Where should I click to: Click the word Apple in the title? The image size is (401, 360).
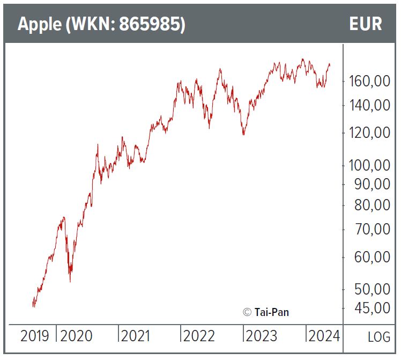tap(39, 25)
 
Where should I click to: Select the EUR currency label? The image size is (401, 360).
tap(365, 25)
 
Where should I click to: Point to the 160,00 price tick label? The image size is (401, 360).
tap(369, 82)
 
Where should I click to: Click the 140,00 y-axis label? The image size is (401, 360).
tap(369, 105)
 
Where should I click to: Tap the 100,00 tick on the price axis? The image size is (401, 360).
tap(369, 165)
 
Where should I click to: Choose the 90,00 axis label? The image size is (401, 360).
tap(372, 184)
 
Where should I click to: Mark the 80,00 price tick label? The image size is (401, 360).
tap(372, 205)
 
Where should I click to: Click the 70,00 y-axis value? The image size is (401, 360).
tap(372, 229)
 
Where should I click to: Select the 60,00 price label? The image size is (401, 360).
tap(372, 257)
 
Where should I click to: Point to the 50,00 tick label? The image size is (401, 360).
tap(372, 289)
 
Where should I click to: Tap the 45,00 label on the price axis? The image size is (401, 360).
tap(372, 308)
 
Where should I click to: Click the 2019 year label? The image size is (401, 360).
tap(35, 336)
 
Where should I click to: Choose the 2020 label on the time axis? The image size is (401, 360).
tap(76, 336)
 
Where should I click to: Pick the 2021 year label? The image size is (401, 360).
tap(136, 336)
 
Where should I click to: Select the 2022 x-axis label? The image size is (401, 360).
tap(199, 336)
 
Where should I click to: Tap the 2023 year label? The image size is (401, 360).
tap(261, 336)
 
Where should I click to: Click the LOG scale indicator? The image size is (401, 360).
tap(379, 337)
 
